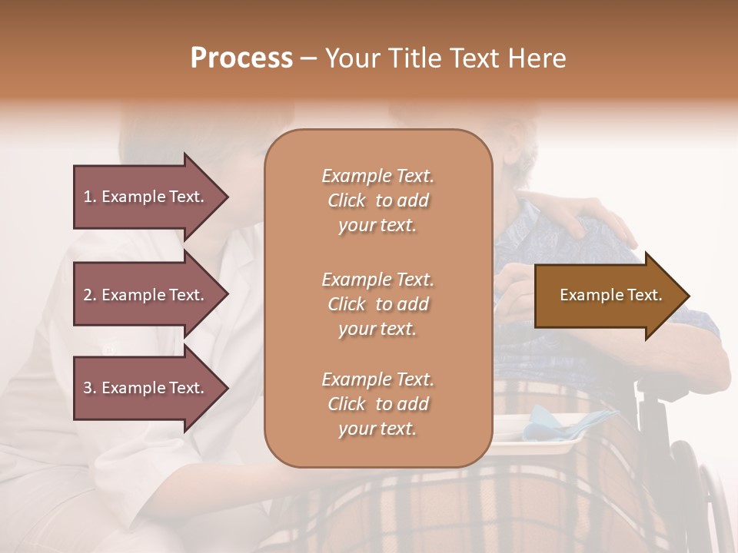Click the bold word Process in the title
[241, 58]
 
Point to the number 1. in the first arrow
[90, 197]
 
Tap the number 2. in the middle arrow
[90, 295]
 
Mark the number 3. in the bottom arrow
[90, 388]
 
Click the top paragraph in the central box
[377, 200]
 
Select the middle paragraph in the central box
[377, 304]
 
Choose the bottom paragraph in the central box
[377, 404]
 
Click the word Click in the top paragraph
[347, 200]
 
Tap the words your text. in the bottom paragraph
[377, 429]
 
